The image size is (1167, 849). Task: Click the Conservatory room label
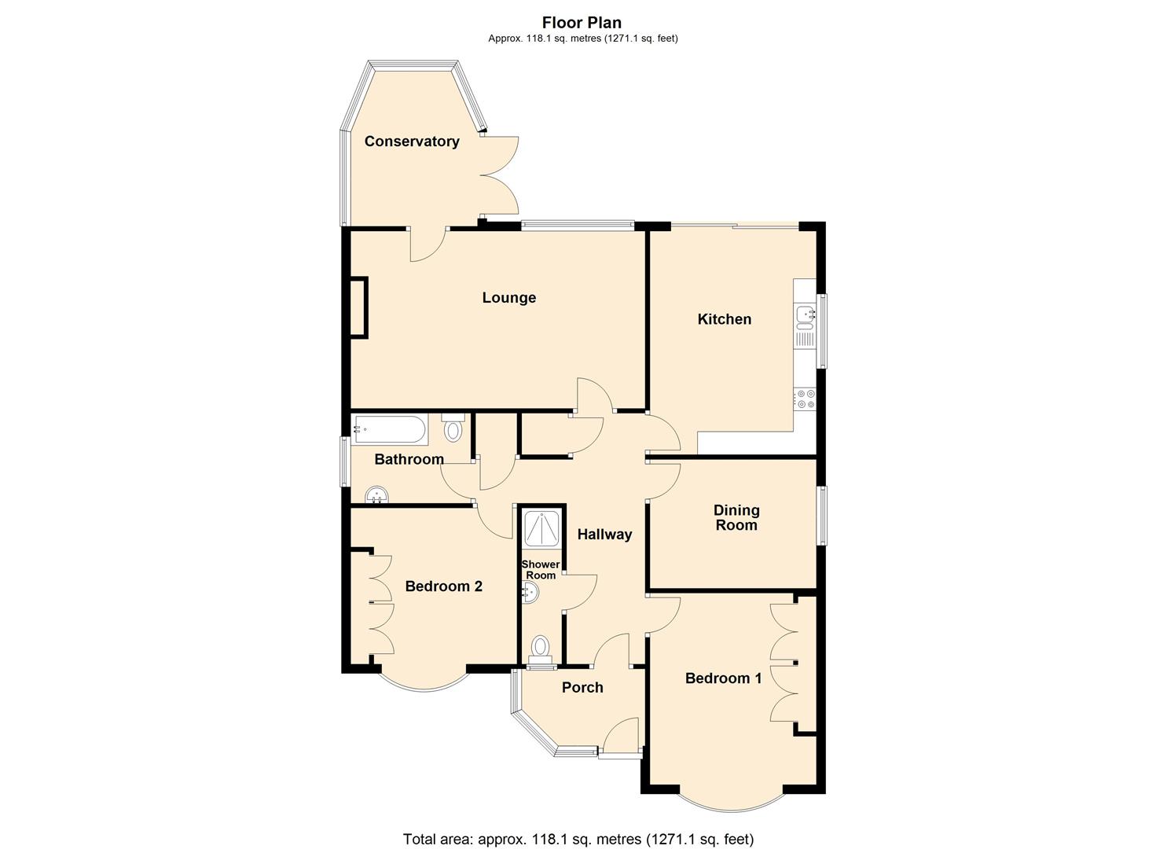point(412,141)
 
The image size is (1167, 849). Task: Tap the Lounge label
point(508,298)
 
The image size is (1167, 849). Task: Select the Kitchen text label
point(724,319)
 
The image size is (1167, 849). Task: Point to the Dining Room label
point(736,518)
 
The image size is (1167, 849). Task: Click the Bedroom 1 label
point(723,678)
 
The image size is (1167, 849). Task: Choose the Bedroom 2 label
point(443,586)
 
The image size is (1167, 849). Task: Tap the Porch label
point(582,688)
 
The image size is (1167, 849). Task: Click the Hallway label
point(604,535)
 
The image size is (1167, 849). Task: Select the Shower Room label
point(541,570)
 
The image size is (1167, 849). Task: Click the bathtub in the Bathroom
point(390,430)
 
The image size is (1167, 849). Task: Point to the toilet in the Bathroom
point(453,428)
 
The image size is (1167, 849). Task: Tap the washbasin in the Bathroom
point(378,495)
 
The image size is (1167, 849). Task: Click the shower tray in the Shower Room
point(541,527)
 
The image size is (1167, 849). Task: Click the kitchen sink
point(805,316)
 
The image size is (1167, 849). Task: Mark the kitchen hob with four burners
point(805,399)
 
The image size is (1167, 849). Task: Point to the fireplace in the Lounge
point(358,307)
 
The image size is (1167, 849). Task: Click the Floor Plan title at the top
point(582,23)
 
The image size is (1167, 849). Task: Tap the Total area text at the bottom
point(578,839)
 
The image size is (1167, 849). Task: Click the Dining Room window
point(821,516)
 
